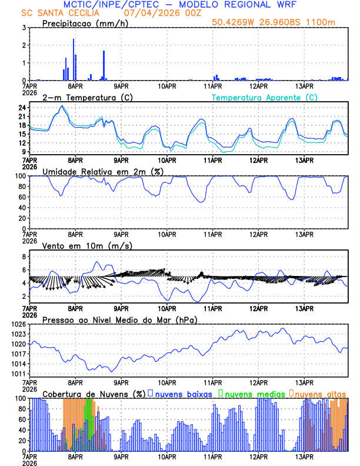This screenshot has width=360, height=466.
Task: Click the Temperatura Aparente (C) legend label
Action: click(265, 97)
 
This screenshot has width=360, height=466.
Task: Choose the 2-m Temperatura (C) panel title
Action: click(86, 97)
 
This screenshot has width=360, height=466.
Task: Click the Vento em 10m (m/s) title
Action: click(87, 245)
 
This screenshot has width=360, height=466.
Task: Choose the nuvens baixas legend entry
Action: click(182, 393)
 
